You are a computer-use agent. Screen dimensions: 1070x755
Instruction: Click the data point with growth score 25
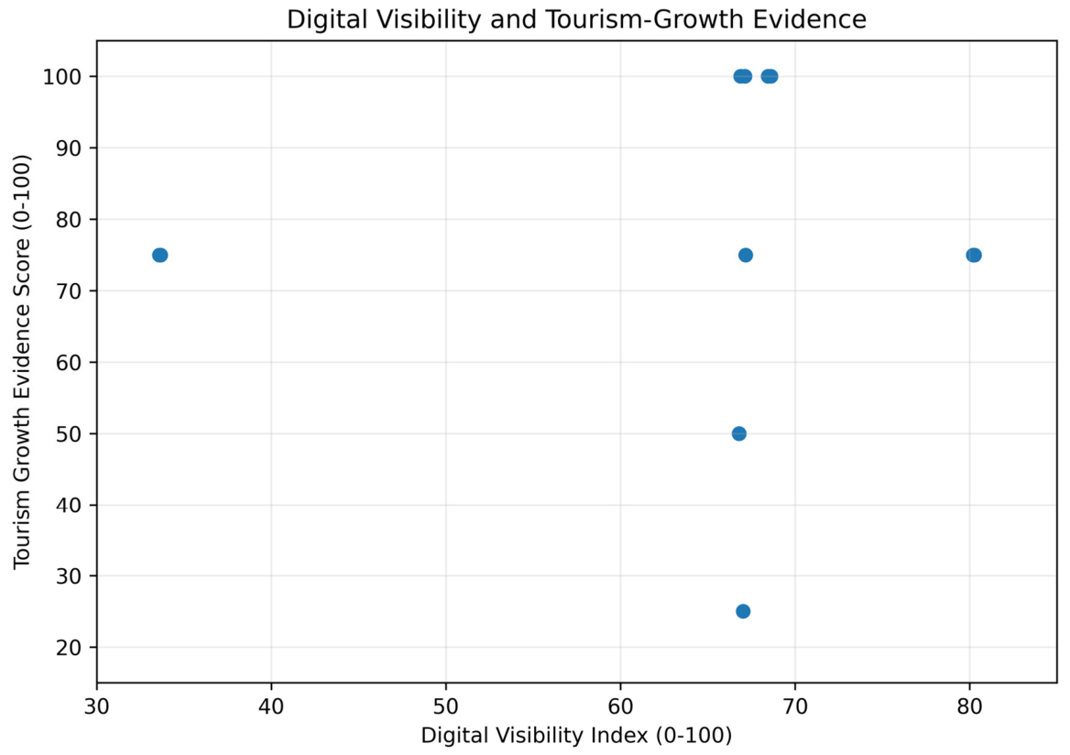tap(743, 611)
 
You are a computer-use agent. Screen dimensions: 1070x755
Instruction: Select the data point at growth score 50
tap(739, 433)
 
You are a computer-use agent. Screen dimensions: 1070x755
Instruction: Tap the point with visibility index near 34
tap(159, 256)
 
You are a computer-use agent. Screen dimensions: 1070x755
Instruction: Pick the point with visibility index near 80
tap(974, 256)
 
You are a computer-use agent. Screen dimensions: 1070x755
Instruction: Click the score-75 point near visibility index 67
tap(746, 256)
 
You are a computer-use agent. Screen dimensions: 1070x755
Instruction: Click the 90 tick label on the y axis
tap(69, 148)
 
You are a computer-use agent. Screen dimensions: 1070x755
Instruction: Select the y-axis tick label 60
tap(69, 363)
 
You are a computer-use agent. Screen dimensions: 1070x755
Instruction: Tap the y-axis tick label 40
tap(69, 505)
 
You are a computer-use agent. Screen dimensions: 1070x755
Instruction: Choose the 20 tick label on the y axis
tap(69, 648)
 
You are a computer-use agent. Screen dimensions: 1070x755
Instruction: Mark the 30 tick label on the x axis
tap(97, 706)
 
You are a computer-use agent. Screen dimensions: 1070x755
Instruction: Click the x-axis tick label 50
tap(446, 706)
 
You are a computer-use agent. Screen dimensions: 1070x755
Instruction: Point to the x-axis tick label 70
tap(795, 706)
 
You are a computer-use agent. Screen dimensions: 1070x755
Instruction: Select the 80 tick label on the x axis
tap(969, 706)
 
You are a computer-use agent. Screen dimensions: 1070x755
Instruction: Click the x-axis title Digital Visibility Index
tap(534, 736)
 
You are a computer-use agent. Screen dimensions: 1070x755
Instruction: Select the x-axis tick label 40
tap(271, 706)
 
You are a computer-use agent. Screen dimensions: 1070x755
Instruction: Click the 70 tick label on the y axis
tap(69, 290)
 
